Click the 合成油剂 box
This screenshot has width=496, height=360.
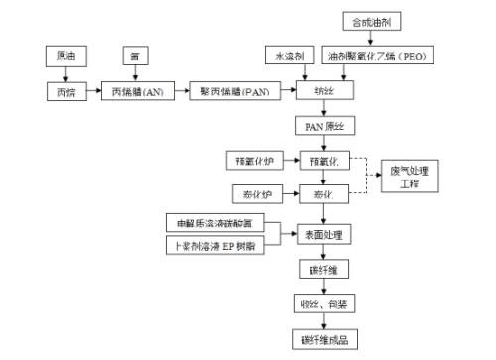tap(371, 20)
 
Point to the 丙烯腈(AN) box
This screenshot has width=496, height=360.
tap(138, 92)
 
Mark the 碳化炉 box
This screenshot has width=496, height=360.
tap(251, 191)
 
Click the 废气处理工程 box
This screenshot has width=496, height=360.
tap(410, 176)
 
